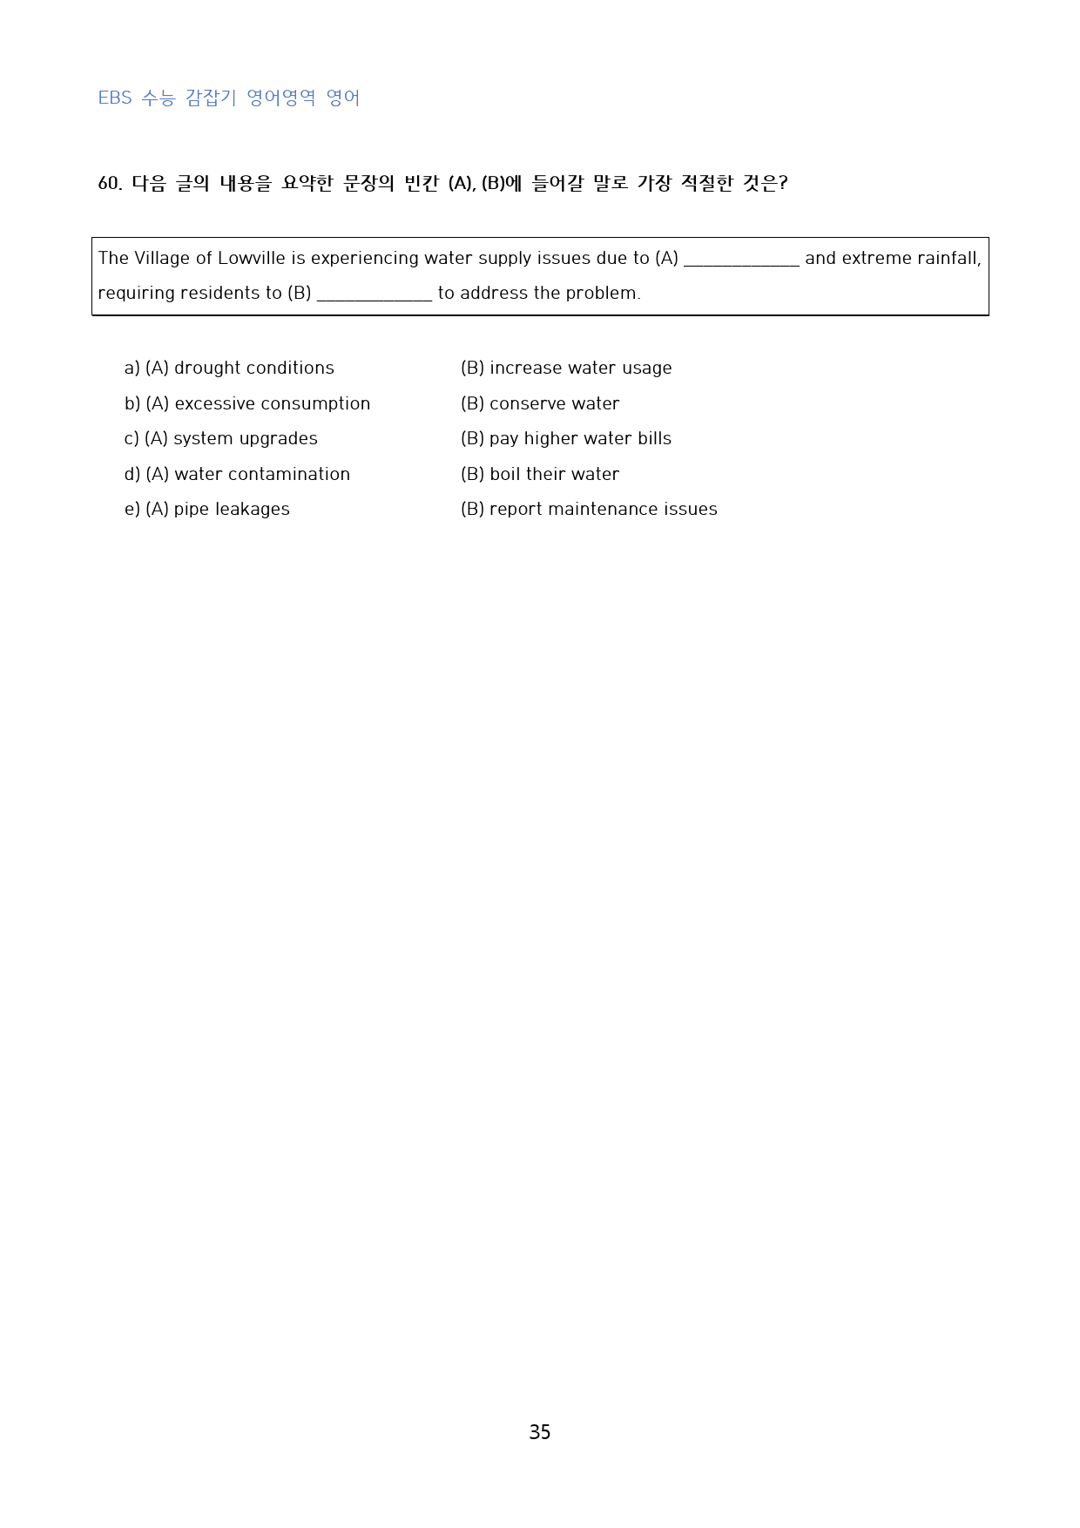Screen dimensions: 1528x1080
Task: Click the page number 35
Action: (x=539, y=1432)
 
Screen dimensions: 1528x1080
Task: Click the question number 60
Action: (x=110, y=183)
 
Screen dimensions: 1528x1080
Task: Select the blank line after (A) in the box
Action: (x=741, y=261)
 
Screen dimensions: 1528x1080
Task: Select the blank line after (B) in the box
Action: (x=375, y=296)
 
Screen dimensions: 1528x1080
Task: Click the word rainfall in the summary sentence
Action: (x=948, y=258)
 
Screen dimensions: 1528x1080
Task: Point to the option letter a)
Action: (x=132, y=368)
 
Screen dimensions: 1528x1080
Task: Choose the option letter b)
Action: (x=132, y=403)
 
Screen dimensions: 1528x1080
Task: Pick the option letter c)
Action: (x=132, y=438)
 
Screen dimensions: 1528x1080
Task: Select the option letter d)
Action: (x=132, y=474)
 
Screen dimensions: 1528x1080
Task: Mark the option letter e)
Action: (x=132, y=509)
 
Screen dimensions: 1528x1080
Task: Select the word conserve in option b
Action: (x=524, y=403)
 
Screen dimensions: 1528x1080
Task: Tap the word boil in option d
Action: (x=503, y=474)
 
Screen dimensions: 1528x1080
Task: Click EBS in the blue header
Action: (x=115, y=98)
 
